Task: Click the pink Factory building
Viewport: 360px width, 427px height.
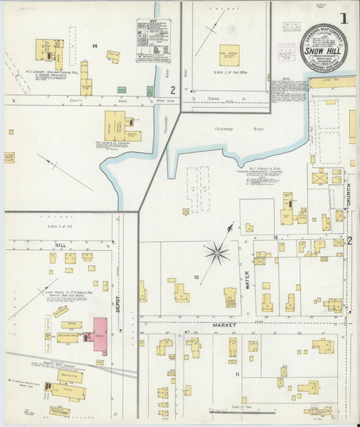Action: (x=99, y=335)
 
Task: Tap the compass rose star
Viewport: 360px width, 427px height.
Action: (x=217, y=253)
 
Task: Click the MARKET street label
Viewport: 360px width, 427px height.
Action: (x=225, y=325)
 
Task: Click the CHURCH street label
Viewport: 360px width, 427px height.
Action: (x=349, y=195)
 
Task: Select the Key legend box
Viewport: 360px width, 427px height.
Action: (x=153, y=41)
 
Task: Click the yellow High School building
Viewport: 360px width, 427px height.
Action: (x=229, y=55)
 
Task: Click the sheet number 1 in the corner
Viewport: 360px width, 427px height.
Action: (x=344, y=18)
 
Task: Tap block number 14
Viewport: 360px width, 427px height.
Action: (x=95, y=46)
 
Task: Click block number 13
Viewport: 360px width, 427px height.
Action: (x=196, y=277)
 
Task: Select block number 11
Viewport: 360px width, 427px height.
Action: (x=237, y=374)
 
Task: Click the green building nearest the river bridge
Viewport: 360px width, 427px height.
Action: (x=149, y=91)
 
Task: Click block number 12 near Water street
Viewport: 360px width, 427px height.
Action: (x=275, y=238)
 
